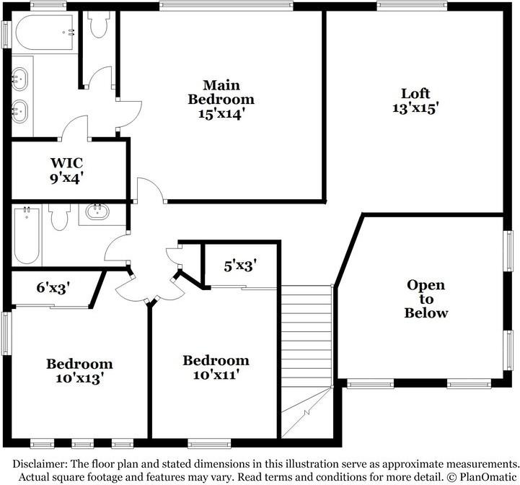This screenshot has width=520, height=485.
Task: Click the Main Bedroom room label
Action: (x=221, y=92)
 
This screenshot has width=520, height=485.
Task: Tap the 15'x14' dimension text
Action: (x=221, y=113)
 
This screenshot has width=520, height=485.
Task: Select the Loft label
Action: (x=415, y=93)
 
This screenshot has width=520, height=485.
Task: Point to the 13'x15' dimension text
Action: (x=415, y=108)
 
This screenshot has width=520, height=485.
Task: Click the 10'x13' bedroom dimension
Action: (x=79, y=379)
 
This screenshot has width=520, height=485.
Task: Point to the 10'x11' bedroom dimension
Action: (x=216, y=375)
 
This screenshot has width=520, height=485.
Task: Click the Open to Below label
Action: (x=426, y=299)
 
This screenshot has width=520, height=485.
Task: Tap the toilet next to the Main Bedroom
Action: (x=98, y=26)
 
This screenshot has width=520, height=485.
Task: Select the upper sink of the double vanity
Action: (x=20, y=77)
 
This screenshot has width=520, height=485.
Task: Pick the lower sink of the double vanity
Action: (x=20, y=110)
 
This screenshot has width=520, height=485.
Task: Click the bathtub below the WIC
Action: (x=27, y=235)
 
